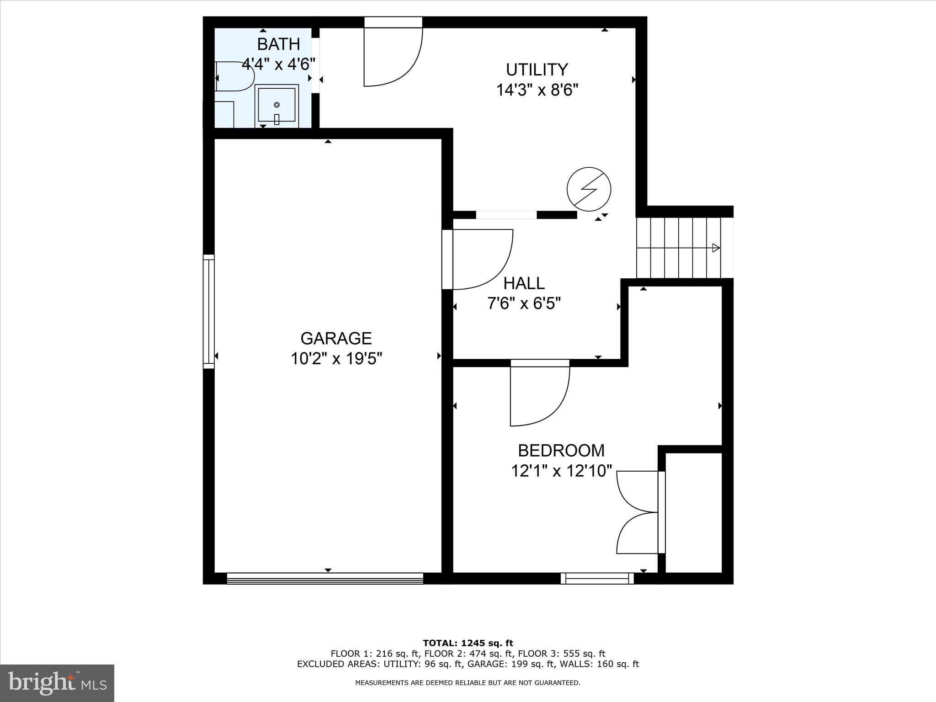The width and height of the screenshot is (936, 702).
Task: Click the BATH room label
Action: (278, 44)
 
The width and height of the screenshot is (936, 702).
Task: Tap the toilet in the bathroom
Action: (234, 76)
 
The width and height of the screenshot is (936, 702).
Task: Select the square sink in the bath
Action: (277, 105)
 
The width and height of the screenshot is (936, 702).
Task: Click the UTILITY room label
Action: (537, 70)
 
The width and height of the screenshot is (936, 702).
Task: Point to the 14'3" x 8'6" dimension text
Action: (537, 90)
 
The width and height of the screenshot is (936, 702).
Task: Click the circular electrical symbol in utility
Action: (589, 189)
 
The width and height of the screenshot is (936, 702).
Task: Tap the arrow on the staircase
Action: (716, 248)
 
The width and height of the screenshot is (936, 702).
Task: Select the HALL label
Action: (524, 283)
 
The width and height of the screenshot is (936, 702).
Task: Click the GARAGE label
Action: (336, 338)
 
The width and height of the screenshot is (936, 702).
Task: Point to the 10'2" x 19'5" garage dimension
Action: (336, 359)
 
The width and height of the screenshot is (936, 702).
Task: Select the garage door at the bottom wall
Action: (325, 579)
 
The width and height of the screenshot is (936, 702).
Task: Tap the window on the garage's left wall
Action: (208, 311)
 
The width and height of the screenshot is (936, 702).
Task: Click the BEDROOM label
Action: (561, 451)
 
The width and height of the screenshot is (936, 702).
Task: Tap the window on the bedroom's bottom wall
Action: (597, 579)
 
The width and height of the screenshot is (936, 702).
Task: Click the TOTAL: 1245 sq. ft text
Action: (468, 643)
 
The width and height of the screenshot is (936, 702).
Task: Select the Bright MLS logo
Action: (57, 683)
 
